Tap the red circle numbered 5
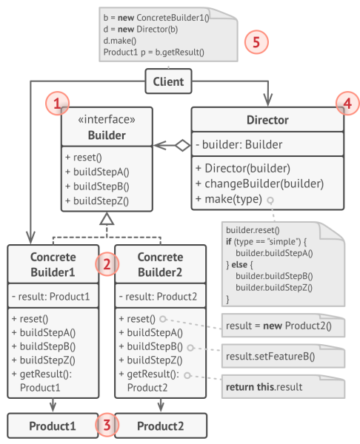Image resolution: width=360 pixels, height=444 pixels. tap(256, 41)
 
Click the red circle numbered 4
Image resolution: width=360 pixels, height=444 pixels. tap(344, 104)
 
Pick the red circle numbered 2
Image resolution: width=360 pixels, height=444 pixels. tap(107, 264)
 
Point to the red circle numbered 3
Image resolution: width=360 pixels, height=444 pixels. tap(107, 425)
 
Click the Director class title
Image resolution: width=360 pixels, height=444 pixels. tap(267, 120)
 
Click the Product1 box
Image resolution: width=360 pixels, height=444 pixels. tap(53, 426)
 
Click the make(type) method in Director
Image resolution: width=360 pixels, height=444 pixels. tap(228, 199)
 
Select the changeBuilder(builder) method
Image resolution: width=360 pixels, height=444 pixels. tap(260, 184)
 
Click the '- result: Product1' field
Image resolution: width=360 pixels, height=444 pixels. tap(51, 297)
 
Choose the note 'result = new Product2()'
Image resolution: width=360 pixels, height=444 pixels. tap(278, 325)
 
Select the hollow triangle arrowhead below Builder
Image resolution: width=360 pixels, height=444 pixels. tap(107, 219)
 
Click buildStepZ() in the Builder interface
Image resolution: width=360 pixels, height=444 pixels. tap(97, 200)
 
